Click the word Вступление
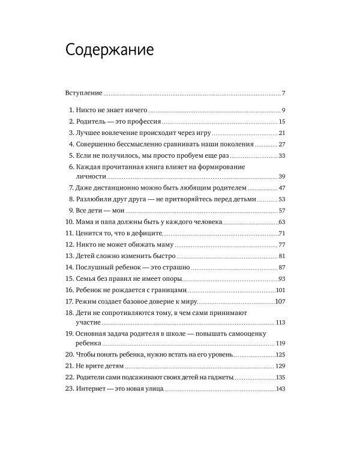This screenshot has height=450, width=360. tap(83, 94)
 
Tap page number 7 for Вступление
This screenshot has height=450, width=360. tap(283, 94)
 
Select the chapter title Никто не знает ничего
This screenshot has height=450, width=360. tap(112, 110)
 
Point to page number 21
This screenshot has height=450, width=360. tap(281, 133)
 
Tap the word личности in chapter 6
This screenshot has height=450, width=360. tap(91, 176)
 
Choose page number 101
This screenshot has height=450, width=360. tap(280, 290)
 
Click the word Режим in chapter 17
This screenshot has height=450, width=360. tap(88, 302)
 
